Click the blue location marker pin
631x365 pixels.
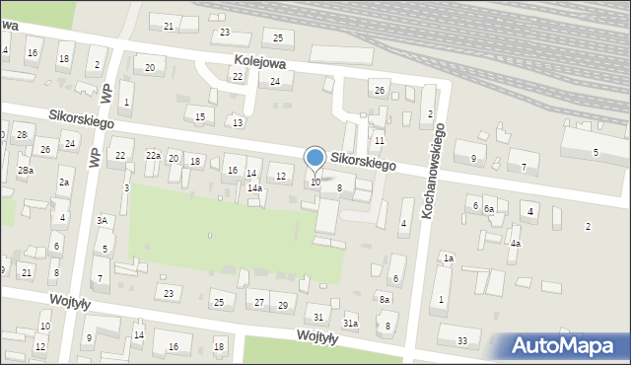pyautogui.click(x=315, y=158)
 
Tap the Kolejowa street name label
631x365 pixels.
pyautogui.click(x=259, y=61)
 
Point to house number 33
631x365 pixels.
pyautogui.click(x=462, y=341)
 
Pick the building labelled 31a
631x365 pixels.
pyautogui.click(x=350, y=324)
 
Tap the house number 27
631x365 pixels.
pyautogui.click(x=259, y=302)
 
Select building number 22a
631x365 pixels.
pyautogui.click(x=153, y=156)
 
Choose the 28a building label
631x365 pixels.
pyautogui.click(x=25, y=171)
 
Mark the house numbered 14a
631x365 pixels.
pyautogui.click(x=254, y=187)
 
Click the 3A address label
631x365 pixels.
pyautogui.click(x=102, y=221)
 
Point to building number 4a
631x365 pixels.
pyautogui.click(x=515, y=243)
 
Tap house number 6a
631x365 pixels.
pyautogui.click(x=488, y=208)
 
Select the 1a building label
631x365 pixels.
pyautogui.click(x=448, y=258)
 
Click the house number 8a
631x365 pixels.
pyautogui.click(x=385, y=299)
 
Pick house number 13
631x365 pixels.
pyautogui.click(x=238, y=122)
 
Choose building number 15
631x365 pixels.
pyautogui.click(x=200, y=117)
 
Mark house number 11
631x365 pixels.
pyautogui.click(x=379, y=142)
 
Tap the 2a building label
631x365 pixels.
pyautogui.click(x=64, y=182)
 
